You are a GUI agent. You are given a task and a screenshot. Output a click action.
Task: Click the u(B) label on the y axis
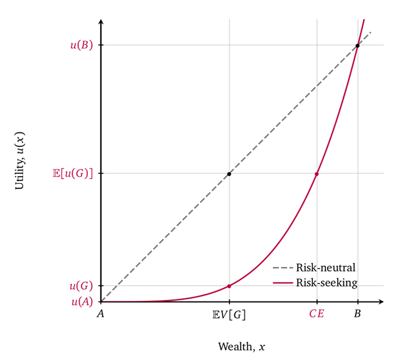tap(81, 45)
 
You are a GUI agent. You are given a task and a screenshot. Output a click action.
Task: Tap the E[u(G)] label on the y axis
tap(73, 173)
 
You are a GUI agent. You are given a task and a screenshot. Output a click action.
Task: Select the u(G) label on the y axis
tap(81, 286)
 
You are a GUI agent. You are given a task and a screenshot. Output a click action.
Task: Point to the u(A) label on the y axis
tap(81, 302)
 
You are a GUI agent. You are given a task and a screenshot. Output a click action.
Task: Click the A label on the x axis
tap(101, 314)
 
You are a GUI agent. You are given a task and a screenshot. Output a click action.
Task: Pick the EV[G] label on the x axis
tap(229, 314)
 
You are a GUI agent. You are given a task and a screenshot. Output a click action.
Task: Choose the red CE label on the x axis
tap(316, 314)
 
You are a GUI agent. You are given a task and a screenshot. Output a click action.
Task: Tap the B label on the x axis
tap(357, 314)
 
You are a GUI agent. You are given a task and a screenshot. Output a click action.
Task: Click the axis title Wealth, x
tap(241, 347)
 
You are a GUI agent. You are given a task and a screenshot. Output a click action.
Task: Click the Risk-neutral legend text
tap(325, 268)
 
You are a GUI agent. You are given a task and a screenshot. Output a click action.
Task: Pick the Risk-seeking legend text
tap(326, 282)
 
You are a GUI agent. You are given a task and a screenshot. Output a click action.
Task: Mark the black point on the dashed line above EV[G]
tap(229, 174)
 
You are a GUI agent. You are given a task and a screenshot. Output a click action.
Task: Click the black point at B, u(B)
tap(357, 45)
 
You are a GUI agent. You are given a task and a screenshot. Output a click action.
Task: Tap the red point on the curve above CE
tap(316, 174)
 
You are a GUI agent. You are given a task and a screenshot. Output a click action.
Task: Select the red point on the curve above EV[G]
tap(229, 286)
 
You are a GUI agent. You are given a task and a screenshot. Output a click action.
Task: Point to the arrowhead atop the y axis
tap(101, 22)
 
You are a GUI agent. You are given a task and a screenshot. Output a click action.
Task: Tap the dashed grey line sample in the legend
tap(283, 268)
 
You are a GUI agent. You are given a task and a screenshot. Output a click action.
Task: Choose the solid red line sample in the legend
tap(283, 282)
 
